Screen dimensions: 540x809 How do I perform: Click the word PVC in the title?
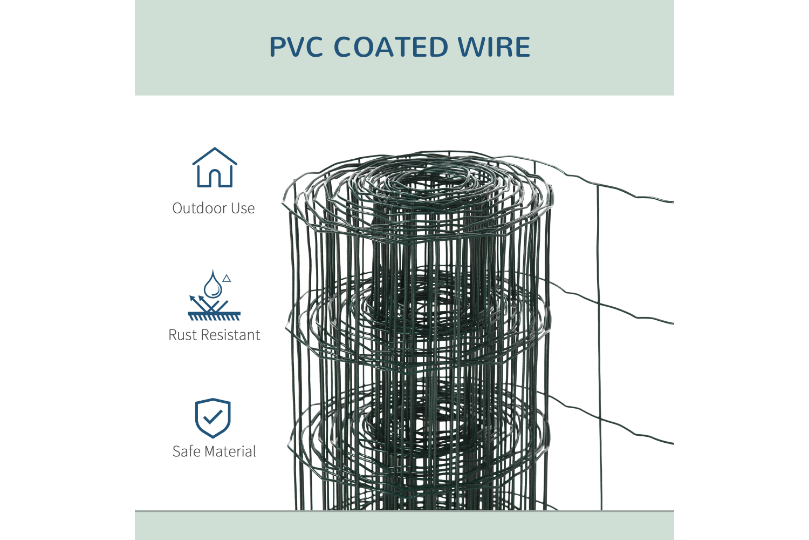pos(296,47)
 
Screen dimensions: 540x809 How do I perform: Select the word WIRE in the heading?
pos(494,47)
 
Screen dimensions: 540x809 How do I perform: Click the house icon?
pos(215,168)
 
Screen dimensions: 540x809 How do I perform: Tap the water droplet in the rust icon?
pos(212,285)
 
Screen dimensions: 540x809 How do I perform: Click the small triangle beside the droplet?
pos(227,279)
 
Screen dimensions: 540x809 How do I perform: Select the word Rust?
pos(182,335)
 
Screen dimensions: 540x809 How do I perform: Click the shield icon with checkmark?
pos(213,418)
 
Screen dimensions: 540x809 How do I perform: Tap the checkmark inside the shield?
pos(213,416)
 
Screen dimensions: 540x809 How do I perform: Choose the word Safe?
pos(186,451)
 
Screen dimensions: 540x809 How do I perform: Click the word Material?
pos(230,451)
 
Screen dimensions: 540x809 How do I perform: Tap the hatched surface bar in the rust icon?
pos(214,316)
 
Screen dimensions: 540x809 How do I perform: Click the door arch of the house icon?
pos(215,178)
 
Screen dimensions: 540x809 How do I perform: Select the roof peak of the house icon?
pos(215,149)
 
